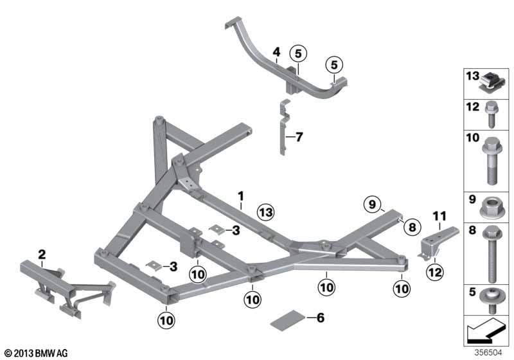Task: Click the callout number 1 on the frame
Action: (x=241, y=195)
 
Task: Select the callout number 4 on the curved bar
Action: (x=276, y=51)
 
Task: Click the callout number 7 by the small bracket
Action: (x=299, y=136)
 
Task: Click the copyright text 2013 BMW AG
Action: (x=36, y=353)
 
